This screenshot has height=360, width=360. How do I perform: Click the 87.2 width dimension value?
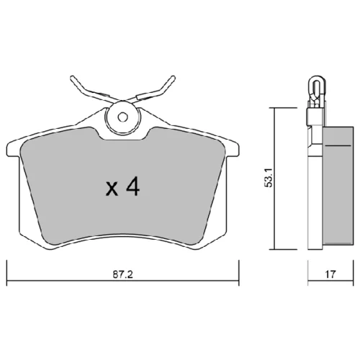(x=122, y=274)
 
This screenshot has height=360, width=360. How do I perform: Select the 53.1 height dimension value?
(x=269, y=177)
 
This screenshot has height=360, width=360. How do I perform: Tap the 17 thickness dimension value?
(x=330, y=274)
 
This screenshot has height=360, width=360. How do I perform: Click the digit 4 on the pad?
(x=132, y=186)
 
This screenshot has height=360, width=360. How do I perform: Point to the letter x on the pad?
(x=112, y=189)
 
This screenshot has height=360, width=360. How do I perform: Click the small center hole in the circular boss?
(x=122, y=117)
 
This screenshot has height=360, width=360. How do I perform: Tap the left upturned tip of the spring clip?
(x=72, y=78)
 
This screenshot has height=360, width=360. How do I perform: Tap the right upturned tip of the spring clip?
(x=173, y=78)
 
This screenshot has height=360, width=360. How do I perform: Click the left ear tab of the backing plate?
(x=13, y=149)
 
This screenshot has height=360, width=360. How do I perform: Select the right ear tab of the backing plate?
(x=233, y=149)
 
